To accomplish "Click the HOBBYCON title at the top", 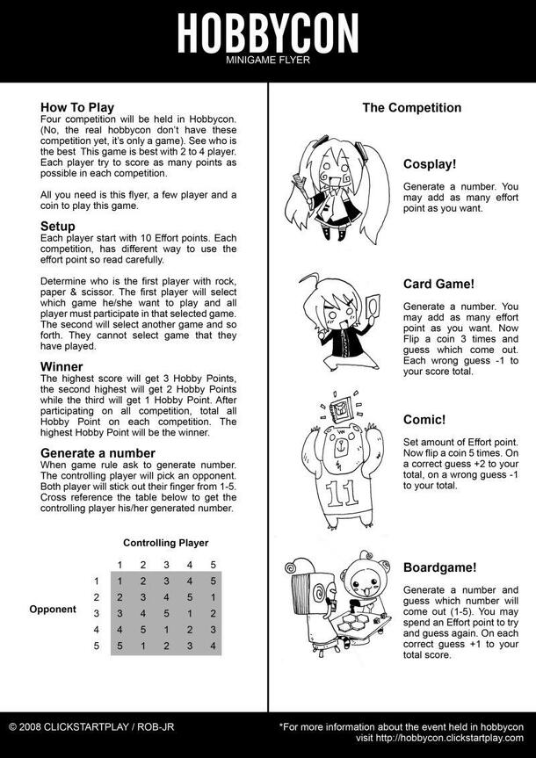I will tap(267, 34).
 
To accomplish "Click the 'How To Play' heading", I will tap(77, 108).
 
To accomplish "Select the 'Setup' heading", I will tap(58, 226).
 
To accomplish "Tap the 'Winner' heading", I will tap(62, 366).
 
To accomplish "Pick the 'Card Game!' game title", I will tap(439, 284).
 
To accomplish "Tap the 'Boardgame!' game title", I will tap(440, 567).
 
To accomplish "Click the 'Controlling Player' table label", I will tap(165, 543).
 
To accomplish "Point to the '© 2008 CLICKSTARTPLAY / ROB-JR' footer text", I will tap(87, 727).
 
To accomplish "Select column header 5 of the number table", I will tap(213, 565).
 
